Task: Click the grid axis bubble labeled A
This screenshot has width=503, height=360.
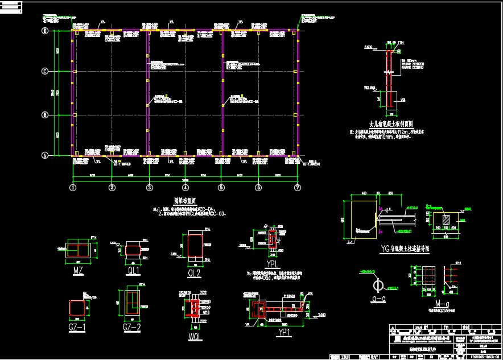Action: [x=45, y=155]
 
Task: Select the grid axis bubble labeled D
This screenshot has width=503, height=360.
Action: [x=45, y=31]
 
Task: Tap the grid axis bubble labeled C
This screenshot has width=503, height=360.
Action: [x=45, y=71]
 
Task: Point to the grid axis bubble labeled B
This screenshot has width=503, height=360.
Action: [x=45, y=115]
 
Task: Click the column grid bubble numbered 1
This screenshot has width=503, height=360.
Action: [x=73, y=187]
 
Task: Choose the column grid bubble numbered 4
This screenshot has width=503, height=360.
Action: [x=185, y=187]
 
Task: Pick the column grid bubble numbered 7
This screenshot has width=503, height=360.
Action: [x=297, y=187]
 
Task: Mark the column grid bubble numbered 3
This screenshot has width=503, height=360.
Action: [x=149, y=187]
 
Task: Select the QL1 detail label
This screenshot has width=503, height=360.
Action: [x=134, y=271]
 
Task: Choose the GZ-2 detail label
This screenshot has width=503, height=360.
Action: [x=131, y=328]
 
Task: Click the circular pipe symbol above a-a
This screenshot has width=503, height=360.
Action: [x=377, y=284]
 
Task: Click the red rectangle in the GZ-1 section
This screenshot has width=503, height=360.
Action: [x=77, y=308]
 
